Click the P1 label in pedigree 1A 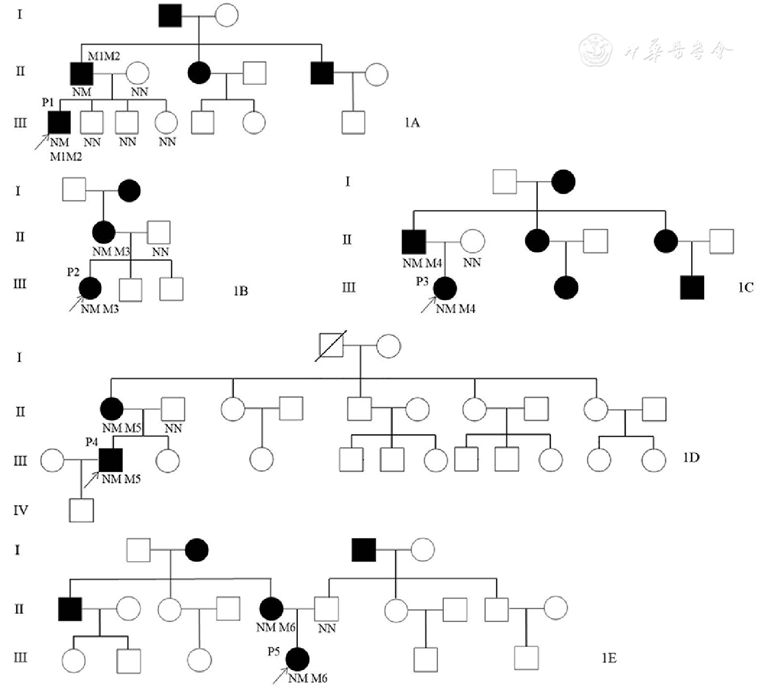click(48, 102)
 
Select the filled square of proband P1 click(59, 122)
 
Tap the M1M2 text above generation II click(104, 56)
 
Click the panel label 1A click(412, 123)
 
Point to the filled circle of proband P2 click(90, 288)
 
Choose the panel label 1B click(240, 291)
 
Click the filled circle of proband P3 click(444, 288)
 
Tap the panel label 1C click(746, 288)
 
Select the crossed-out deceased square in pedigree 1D click(330, 346)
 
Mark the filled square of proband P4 click(111, 460)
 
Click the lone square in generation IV click(81, 510)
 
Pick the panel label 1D click(691, 458)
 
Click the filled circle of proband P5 click(297, 658)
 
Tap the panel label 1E click(609, 658)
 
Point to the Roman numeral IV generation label click(21, 510)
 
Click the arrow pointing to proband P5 click(280, 675)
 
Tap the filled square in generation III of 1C click(692, 288)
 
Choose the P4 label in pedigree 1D click(91, 442)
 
